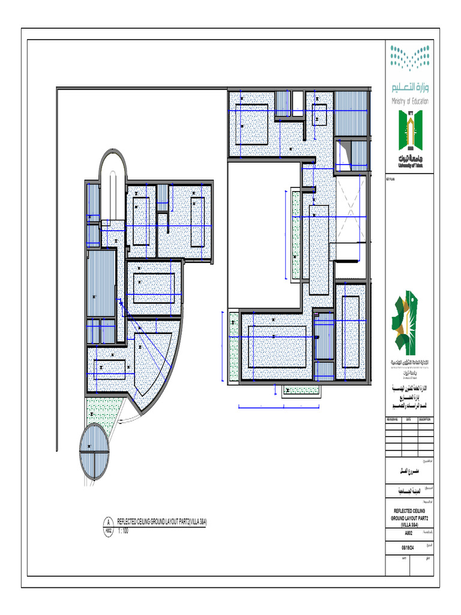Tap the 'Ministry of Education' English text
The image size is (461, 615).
click(x=409, y=101)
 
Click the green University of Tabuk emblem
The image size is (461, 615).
click(x=409, y=135)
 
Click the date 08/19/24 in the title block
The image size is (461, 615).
click(x=409, y=547)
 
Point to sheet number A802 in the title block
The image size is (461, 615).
click(x=409, y=532)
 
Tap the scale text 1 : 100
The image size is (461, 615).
click(x=123, y=531)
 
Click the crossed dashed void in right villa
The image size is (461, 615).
click(x=349, y=209)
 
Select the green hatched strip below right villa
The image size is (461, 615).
click(x=301, y=390)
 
